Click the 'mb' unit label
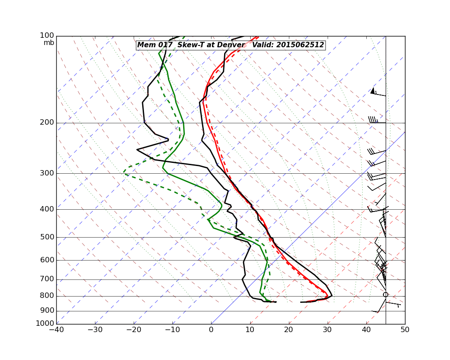(49, 43)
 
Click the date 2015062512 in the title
(300, 45)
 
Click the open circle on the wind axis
(385, 295)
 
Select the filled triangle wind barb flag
(373, 91)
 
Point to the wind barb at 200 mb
(376, 121)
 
